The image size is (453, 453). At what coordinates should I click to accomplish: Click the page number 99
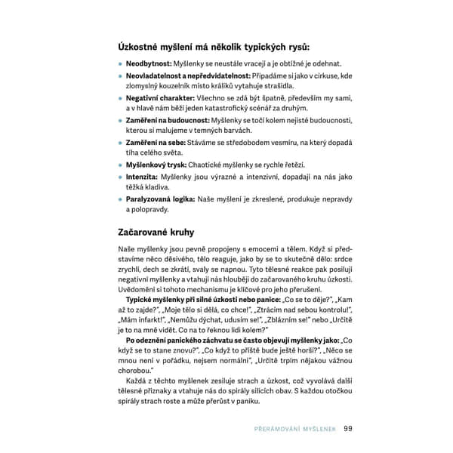348,430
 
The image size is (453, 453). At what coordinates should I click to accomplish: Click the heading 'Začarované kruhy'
156,232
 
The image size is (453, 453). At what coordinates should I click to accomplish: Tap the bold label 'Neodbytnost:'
149,64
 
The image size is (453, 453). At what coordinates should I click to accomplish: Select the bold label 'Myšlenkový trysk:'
159,165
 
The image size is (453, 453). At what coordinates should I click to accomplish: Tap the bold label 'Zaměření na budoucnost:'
168,120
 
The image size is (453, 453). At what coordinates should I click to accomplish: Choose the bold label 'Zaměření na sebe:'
155,143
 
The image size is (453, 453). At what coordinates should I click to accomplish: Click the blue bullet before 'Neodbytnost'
120,65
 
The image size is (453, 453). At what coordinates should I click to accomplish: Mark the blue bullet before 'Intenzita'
120,177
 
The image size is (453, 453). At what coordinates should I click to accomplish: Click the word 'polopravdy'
147,210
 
